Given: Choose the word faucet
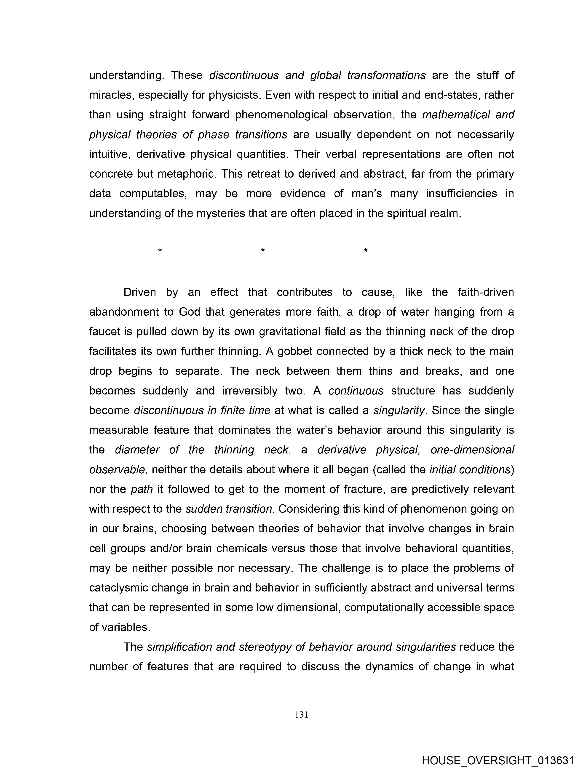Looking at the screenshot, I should click(104, 331).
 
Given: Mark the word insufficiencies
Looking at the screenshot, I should click(461, 194).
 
